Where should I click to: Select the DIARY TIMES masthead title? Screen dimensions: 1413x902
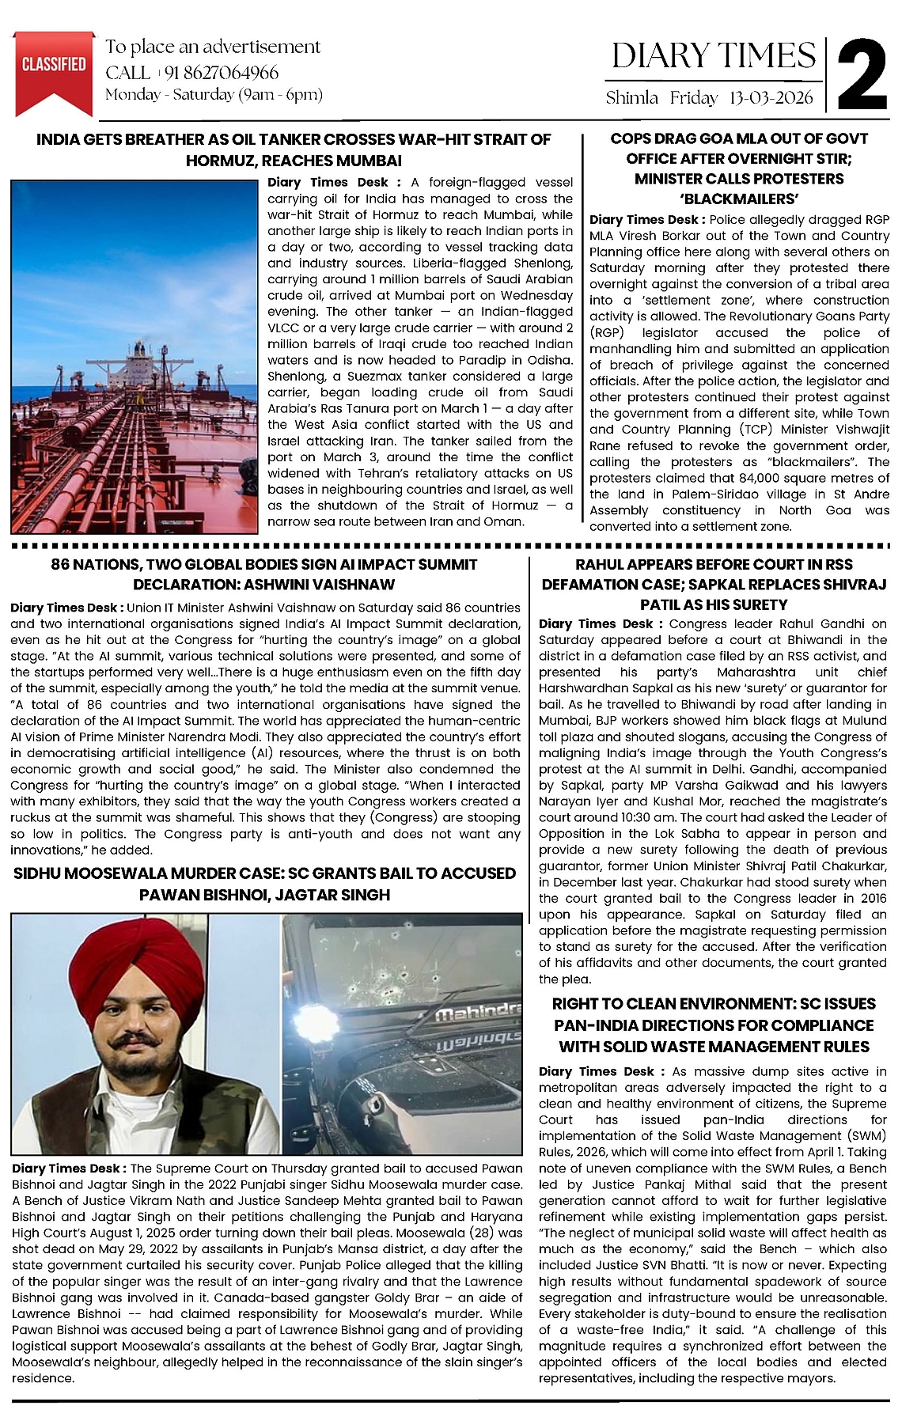(x=714, y=55)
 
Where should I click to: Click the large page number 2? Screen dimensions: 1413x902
(x=861, y=74)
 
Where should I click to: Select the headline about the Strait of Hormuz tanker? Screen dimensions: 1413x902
(x=294, y=150)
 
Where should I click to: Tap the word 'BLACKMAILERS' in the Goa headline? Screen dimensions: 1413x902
(x=739, y=199)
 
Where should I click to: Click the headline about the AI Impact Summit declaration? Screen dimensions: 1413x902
(x=264, y=574)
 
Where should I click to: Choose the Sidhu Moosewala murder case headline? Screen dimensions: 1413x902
(x=264, y=884)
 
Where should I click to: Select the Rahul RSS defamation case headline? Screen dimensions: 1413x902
(x=714, y=584)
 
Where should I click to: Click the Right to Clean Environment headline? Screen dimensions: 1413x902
(x=714, y=1025)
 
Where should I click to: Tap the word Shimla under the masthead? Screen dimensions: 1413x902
(x=631, y=98)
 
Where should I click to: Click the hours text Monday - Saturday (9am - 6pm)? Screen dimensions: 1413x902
(x=214, y=95)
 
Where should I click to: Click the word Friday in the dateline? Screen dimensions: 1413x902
(x=693, y=98)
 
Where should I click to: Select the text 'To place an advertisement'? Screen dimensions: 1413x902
(x=213, y=47)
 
